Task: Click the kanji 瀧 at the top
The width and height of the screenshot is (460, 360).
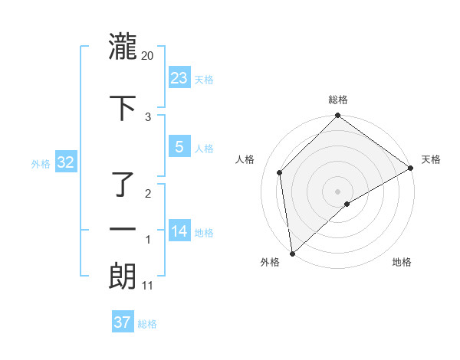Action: pos(123,47)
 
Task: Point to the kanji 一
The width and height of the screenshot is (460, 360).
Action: pos(123,229)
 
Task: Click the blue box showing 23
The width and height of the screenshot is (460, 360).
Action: pos(179,78)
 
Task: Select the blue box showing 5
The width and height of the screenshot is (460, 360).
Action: pos(179,147)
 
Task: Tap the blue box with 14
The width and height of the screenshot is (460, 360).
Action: pos(179,231)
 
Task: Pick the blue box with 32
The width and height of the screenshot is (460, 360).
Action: pos(64,162)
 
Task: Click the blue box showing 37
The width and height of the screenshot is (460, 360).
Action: pos(123,322)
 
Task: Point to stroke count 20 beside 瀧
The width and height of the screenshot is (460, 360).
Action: pos(148,56)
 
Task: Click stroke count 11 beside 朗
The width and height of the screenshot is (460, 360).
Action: pos(148,286)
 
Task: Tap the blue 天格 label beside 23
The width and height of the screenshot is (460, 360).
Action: pos(204,80)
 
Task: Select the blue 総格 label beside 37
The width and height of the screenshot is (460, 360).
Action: pos(147,324)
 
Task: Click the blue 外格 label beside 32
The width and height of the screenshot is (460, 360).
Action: pos(40,163)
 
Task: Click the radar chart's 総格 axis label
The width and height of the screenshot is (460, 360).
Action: pos(338,100)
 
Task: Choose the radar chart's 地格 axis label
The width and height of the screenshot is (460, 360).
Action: pos(402,263)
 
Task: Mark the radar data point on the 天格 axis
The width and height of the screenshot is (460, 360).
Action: pos(411,169)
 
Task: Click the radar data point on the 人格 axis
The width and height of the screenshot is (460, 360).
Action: pos(280,172)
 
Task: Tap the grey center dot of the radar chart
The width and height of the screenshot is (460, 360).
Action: pos(338,191)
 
